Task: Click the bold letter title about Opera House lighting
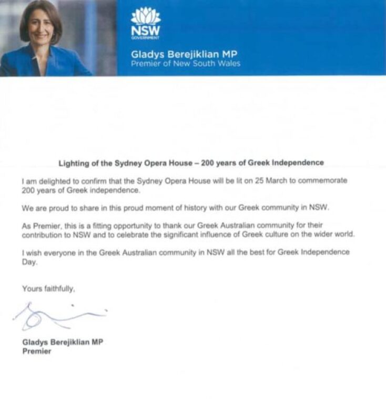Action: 190,162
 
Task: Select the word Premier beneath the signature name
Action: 36,351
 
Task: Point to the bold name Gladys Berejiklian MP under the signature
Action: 62,342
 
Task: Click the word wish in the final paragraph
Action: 34,252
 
